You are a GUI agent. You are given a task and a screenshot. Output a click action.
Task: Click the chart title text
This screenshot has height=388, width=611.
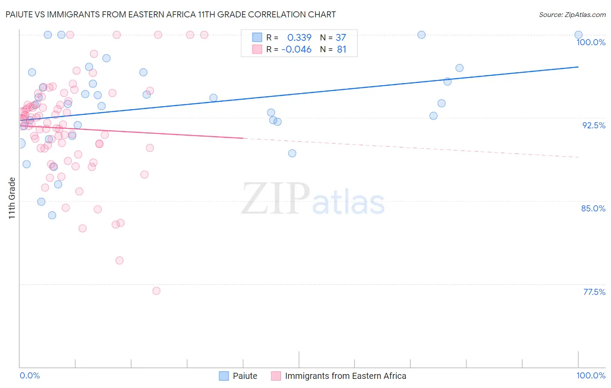click(170, 14)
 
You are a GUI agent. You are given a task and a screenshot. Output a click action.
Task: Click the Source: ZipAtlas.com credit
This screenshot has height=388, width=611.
click(572, 14)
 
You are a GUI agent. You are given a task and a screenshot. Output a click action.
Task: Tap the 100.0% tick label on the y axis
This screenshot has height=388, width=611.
click(591, 42)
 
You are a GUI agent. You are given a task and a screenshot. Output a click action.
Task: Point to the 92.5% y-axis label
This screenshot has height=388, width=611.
click(594, 125)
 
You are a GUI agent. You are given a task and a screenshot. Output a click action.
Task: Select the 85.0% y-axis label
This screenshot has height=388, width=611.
click(593, 208)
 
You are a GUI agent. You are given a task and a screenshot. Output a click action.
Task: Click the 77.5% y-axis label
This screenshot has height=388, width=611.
click(594, 292)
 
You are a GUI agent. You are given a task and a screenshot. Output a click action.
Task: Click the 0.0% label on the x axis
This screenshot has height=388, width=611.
click(30, 375)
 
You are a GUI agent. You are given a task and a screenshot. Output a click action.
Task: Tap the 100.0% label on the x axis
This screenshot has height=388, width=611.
click(591, 375)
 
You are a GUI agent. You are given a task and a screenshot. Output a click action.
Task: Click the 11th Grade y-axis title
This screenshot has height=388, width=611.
click(12, 198)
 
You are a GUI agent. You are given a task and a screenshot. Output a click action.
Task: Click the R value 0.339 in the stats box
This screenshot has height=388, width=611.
click(299, 38)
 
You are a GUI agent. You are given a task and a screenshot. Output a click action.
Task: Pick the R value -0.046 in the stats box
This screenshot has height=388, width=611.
click(296, 50)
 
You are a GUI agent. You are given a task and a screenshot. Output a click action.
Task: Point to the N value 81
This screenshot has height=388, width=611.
click(342, 50)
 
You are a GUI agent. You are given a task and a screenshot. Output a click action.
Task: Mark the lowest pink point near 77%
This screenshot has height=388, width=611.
click(156, 291)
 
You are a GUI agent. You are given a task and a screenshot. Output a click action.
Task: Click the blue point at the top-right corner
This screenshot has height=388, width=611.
click(578, 35)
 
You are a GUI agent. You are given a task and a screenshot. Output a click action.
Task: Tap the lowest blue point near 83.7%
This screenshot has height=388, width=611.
click(52, 215)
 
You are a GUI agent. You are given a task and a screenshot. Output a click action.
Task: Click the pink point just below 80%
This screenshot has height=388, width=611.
click(120, 261)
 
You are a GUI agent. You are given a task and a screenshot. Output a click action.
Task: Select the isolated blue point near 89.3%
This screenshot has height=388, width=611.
click(292, 153)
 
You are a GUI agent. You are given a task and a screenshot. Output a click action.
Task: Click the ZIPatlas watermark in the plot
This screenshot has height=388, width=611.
click(313, 199)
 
